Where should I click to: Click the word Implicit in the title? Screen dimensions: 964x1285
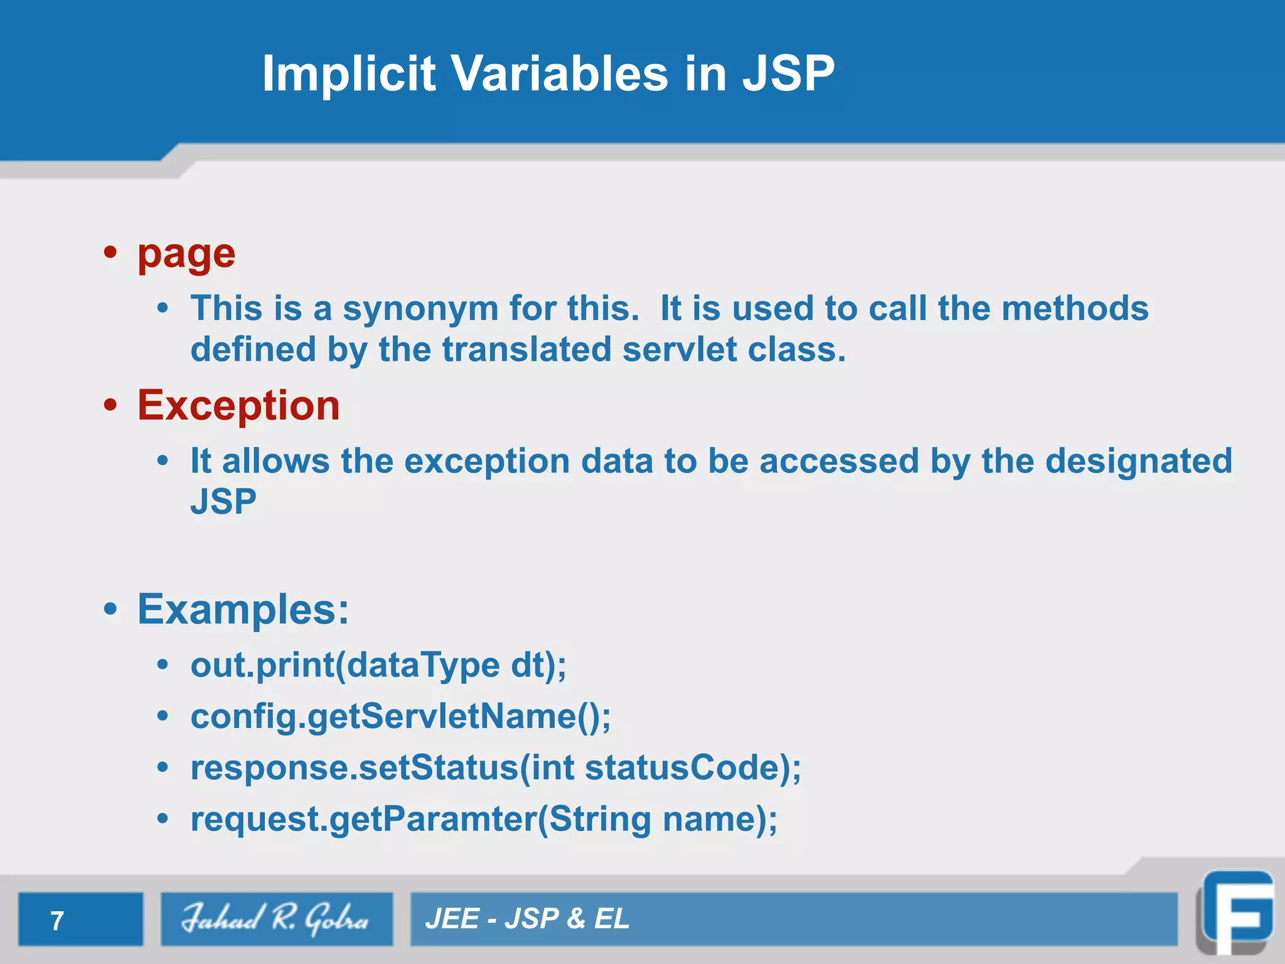click(348, 73)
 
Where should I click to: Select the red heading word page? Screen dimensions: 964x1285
click(186, 254)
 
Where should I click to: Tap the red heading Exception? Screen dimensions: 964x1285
click(238, 405)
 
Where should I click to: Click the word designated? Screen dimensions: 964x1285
click(1138, 461)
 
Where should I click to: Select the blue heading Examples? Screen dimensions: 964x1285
click(243, 609)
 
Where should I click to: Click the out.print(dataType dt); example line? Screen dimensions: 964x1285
click(378, 665)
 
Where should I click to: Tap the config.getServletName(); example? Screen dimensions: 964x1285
click(400, 716)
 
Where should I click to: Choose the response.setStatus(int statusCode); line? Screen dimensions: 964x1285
click(496, 768)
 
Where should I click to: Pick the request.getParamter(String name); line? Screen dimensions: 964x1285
click(484, 819)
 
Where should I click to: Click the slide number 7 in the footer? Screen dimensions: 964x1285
click(57, 921)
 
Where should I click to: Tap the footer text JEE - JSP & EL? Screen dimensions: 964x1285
click(527, 919)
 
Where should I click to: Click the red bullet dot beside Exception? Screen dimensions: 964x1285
click(111, 405)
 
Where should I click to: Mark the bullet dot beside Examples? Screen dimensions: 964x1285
click(111, 609)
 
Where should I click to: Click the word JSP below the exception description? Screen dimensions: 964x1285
click(223, 502)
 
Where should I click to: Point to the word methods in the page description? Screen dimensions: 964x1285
click(1075, 309)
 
